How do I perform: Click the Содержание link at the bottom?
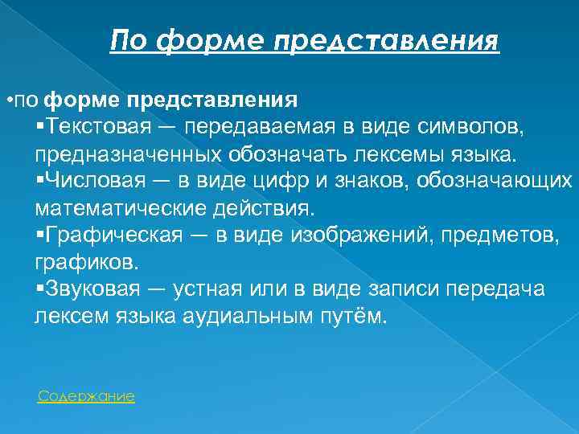(86, 396)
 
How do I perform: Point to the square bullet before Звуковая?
(40, 289)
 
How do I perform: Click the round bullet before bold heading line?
(9, 100)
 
